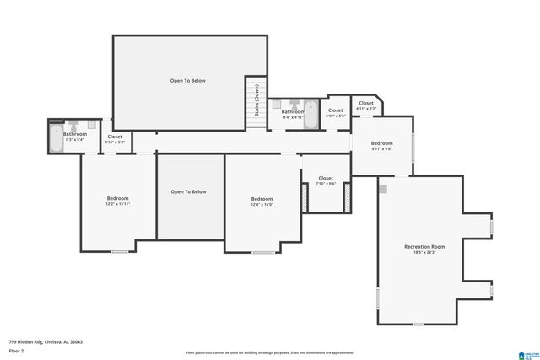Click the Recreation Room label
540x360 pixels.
click(x=424, y=246)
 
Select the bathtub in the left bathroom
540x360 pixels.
click(x=57, y=140)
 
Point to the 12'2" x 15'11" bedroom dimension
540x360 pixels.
click(x=117, y=204)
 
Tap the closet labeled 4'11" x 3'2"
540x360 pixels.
click(x=365, y=103)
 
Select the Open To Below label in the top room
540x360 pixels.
click(x=188, y=81)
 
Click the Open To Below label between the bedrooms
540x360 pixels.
click(x=188, y=191)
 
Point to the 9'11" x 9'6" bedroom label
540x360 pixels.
click(x=382, y=144)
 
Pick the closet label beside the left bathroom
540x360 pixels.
click(x=115, y=137)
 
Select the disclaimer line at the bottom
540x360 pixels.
click(x=269, y=352)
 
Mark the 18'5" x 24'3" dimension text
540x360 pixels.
click(x=424, y=252)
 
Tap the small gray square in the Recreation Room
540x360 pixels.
click(x=383, y=190)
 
